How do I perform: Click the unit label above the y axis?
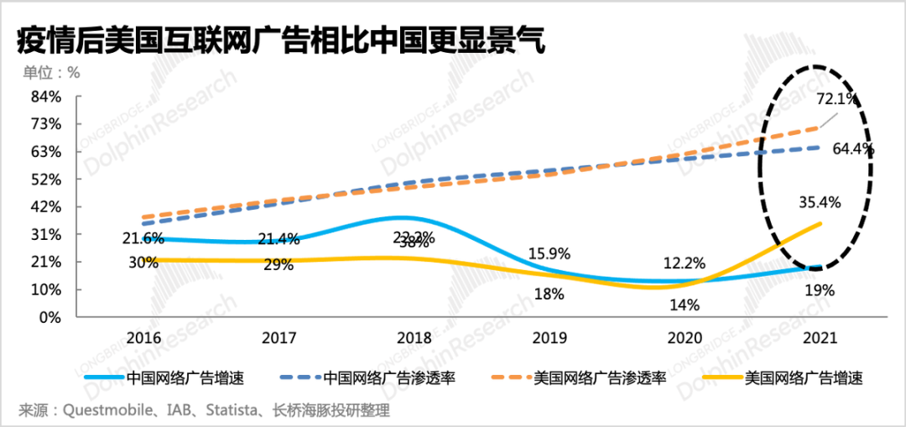click(50, 72)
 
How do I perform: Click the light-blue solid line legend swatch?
click(104, 378)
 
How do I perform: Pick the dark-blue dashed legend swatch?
click(299, 378)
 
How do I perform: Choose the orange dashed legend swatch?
click(511, 378)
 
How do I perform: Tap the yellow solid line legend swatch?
click(723, 378)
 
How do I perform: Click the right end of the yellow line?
click(820, 222)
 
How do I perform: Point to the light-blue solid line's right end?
click(820, 265)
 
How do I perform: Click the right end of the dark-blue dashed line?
click(820, 147)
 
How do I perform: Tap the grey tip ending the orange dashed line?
click(837, 114)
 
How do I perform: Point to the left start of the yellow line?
click(143, 258)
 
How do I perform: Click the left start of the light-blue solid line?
click(143, 239)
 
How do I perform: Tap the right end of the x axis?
click(888, 317)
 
